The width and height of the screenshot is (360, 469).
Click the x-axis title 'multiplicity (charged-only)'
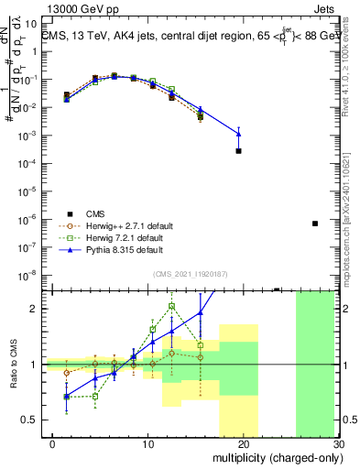274,457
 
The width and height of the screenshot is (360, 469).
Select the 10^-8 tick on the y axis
32,275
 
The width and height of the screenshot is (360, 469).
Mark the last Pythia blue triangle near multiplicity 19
238,134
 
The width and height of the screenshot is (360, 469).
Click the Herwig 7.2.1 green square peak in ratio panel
171,306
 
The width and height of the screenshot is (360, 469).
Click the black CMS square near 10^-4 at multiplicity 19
238,150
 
